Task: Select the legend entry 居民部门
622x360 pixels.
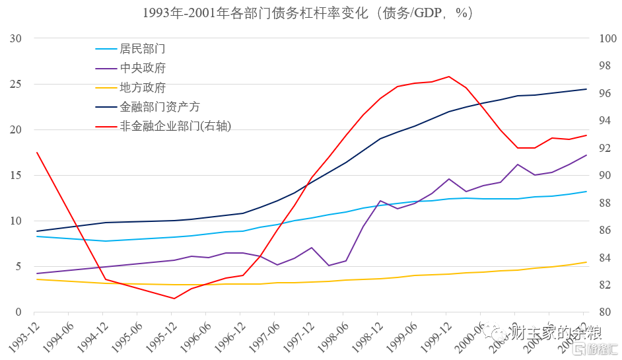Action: coord(142,49)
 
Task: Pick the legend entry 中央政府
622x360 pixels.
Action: coord(142,68)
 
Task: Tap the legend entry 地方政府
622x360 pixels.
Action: coord(142,87)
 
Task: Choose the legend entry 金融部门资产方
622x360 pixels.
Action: coord(159,106)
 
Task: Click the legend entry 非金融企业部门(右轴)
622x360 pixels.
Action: coord(175,126)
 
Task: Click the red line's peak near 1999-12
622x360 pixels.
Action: coord(449,77)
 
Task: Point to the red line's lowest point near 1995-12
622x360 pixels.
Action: coord(174,299)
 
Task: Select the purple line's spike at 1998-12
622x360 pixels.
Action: coord(380,201)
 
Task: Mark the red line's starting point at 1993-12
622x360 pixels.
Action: coord(37,153)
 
